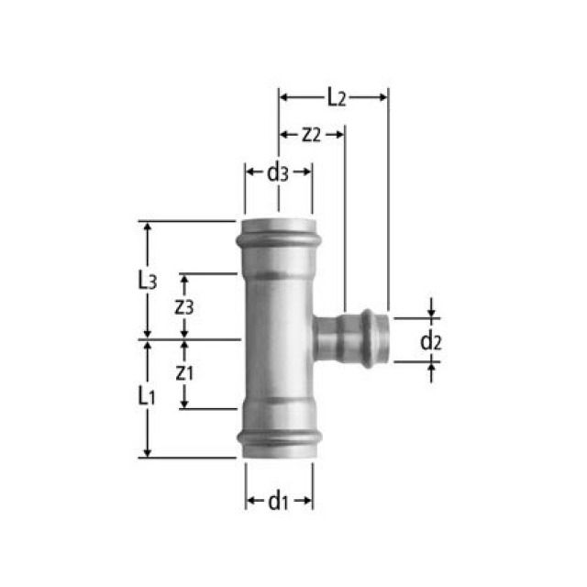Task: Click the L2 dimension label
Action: [335, 95]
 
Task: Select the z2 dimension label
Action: [310, 134]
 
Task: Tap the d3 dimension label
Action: [278, 172]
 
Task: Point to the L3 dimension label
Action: [146, 281]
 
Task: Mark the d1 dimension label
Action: [278, 501]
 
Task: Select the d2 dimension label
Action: [431, 341]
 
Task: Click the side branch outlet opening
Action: [386, 338]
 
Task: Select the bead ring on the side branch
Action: [369, 338]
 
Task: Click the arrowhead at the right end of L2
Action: [382, 95]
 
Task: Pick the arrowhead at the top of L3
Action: [146, 226]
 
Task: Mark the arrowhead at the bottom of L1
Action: [146, 451]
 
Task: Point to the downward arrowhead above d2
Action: [431, 312]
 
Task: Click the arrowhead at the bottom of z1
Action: [183, 404]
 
